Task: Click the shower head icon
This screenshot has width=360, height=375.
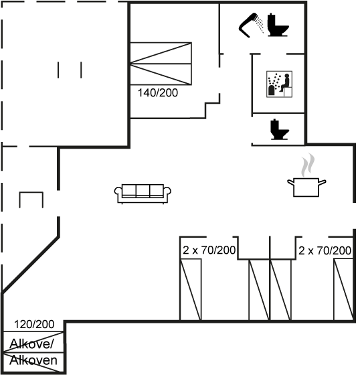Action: coord(249,26)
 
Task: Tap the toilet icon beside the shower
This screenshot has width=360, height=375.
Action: coord(278,25)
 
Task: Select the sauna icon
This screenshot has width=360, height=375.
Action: coord(280,84)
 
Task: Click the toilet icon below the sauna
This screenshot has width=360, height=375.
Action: coord(280,130)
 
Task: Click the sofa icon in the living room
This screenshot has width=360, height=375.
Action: coord(143,194)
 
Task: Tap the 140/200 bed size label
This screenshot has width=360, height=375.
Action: coord(158,93)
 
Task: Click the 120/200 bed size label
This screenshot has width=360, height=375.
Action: coord(34,324)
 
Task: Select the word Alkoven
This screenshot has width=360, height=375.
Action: coord(33,360)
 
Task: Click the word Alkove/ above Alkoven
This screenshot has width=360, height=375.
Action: coord(31,344)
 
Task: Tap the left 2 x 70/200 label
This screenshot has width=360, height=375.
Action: coord(209,250)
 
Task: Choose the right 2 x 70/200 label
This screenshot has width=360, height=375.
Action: coord(325,250)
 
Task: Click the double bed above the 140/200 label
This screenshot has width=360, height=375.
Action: coord(161,64)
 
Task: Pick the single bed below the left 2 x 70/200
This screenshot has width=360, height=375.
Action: coord(191,289)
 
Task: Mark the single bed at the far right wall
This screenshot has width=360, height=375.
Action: coord(343,289)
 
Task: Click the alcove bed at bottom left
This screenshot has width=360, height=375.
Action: coord(33,352)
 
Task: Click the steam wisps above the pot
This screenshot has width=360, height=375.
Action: coord(308,165)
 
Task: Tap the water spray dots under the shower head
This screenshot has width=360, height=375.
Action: coord(260,23)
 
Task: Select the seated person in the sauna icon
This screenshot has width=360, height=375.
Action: coord(284,83)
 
